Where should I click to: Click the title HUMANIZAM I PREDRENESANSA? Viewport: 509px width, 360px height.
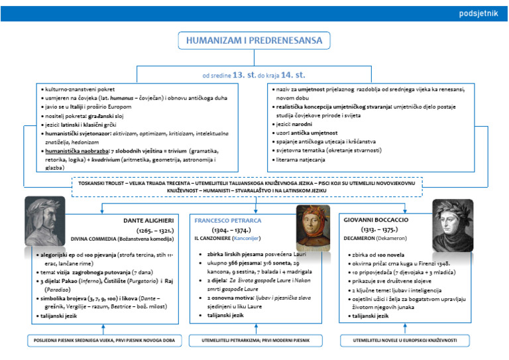click(254, 41)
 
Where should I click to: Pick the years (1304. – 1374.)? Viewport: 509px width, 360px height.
click(233, 229)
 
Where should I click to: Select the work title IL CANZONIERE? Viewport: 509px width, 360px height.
click(214, 237)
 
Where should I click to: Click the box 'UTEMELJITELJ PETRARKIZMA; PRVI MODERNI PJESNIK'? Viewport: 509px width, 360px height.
click(254, 340)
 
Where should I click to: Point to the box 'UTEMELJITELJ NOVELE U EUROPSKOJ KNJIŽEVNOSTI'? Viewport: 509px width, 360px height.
click(406, 340)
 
